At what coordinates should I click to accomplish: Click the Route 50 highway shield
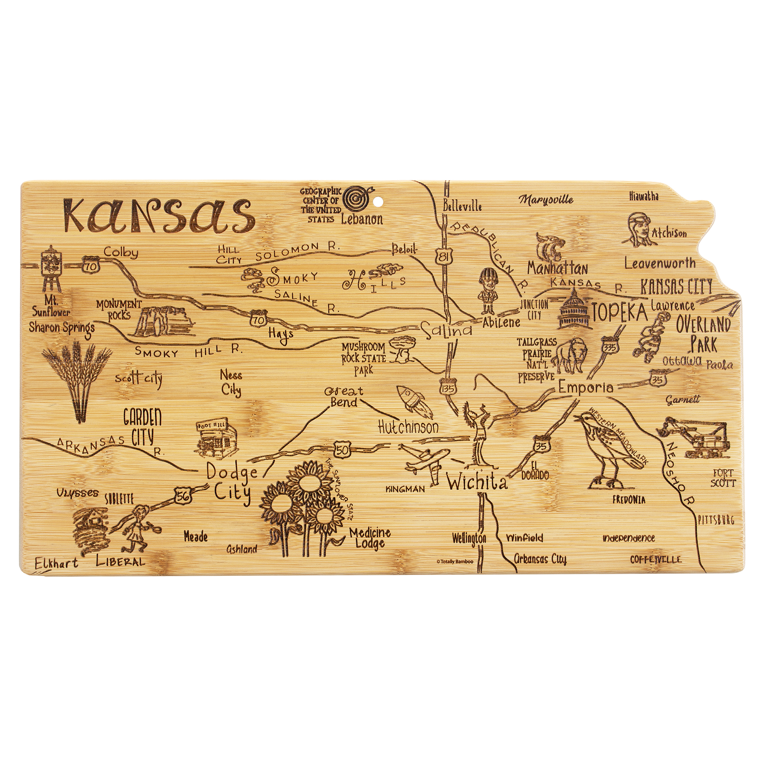[x=342, y=450]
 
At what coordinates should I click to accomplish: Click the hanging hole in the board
[x=378, y=203]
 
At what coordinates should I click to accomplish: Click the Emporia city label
[x=586, y=388]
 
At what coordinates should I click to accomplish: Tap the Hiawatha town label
[x=644, y=196]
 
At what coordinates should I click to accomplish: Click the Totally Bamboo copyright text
[x=455, y=561]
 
